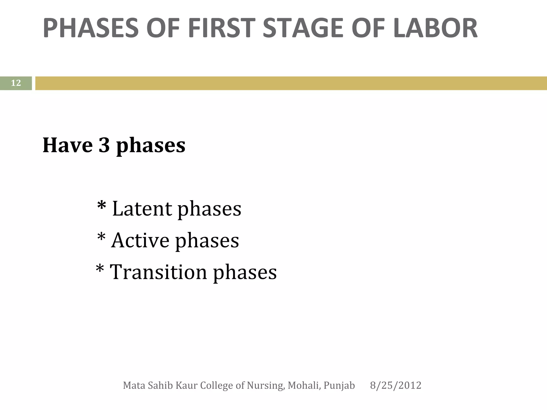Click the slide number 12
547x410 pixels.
(x=16, y=83)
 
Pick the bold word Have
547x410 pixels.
(x=68, y=145)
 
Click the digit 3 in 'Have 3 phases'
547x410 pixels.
(x=104, y=145)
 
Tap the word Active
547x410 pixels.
(x=140, y=241)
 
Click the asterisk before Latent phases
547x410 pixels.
(x=102, y=206)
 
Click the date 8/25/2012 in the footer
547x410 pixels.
(x=396, y=385)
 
